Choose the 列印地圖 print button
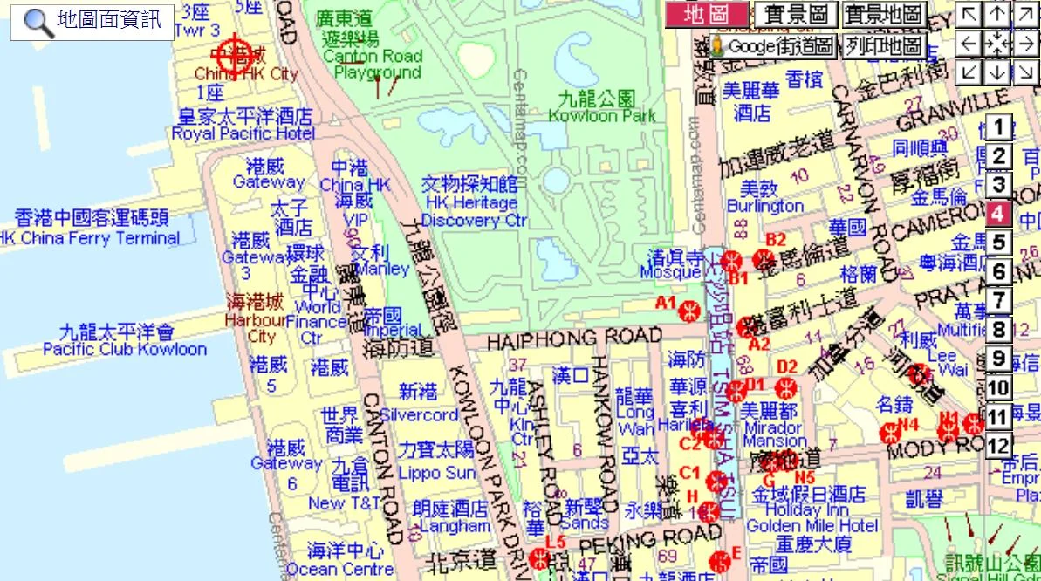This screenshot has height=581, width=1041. coord(882,46)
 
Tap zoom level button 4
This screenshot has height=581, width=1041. coord(999,214)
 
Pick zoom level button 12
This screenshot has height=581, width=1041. coord(999,446)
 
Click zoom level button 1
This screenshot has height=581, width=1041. coord(999,127)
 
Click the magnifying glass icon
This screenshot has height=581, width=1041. coord(38,22)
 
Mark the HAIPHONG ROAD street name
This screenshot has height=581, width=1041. coord(574,337)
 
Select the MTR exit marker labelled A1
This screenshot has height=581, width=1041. coord(690,310)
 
